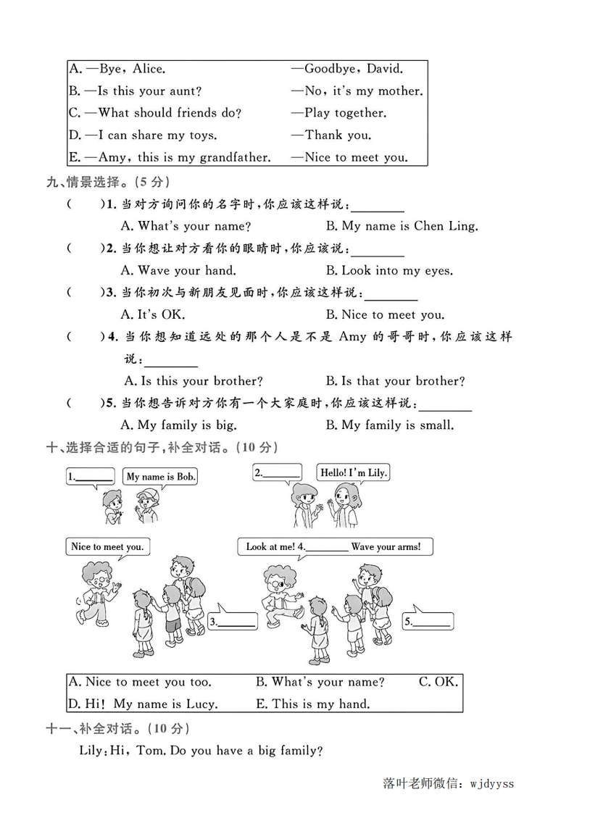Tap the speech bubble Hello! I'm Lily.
point(354,472)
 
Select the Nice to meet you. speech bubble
point(107,547)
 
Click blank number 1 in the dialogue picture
point(90,476)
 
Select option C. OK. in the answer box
point(438,682)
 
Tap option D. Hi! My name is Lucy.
point(142,704)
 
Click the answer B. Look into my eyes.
point(389,270)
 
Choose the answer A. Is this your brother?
point(193,380)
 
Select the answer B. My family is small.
point(389,425)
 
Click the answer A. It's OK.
point(153,314)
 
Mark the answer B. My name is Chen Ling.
point(402,225)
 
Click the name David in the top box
point(384,70)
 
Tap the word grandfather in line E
point(234,157)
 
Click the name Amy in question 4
point(352,337)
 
